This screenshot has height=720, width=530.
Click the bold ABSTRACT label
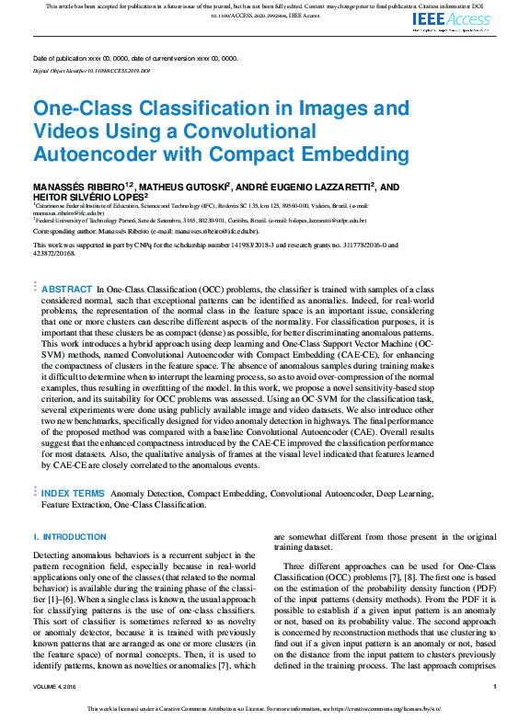66,289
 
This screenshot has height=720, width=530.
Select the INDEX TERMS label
73,494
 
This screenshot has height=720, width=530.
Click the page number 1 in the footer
495,686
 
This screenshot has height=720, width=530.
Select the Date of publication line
134,58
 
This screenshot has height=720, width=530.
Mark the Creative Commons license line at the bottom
265,709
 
